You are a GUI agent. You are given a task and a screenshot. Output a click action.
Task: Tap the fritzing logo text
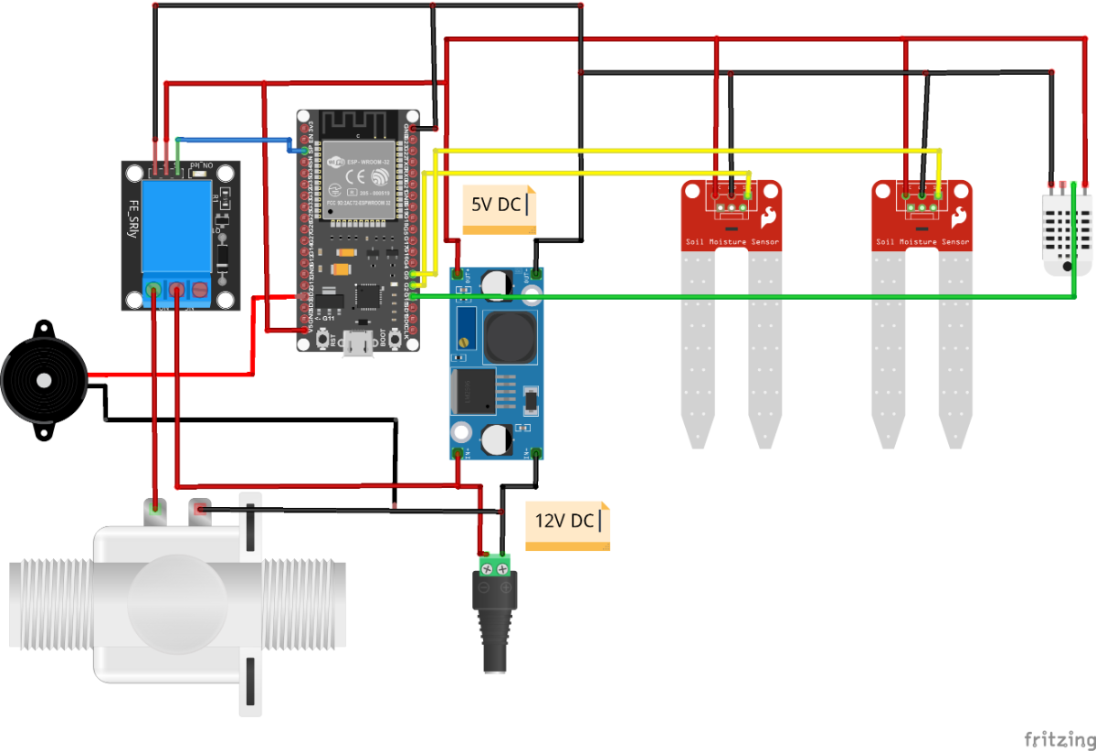[1058, 737]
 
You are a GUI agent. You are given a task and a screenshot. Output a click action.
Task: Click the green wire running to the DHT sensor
[731, 295]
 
